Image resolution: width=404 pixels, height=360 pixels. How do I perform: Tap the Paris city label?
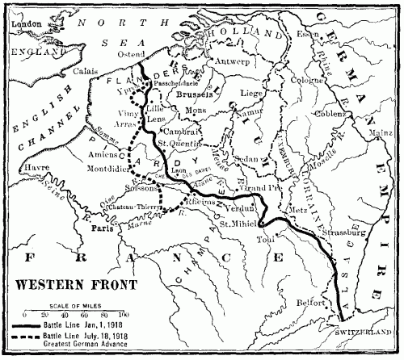(x=103, y=228)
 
